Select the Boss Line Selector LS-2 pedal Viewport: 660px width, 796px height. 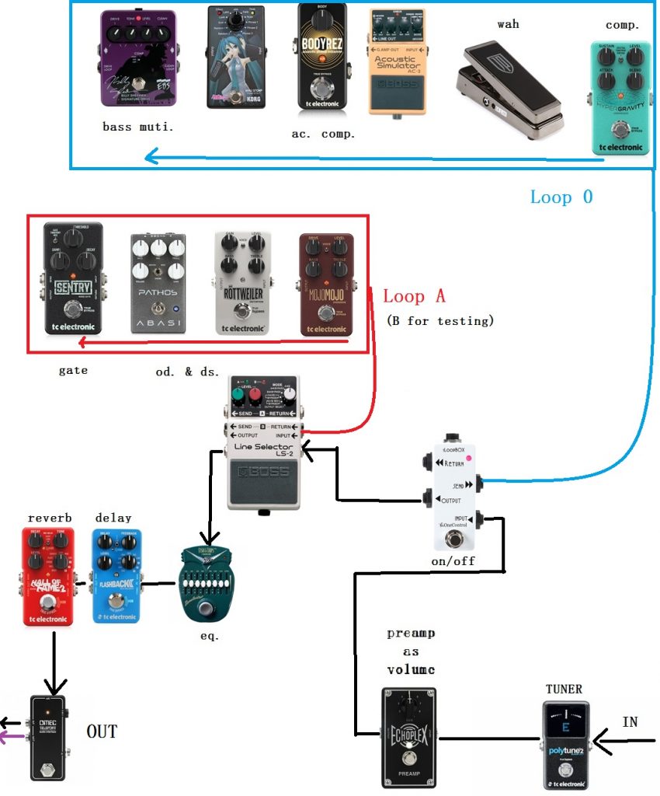(263, 443)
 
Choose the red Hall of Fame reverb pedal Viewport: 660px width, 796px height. (49, 576)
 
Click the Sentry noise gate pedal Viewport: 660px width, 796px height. (73, 278)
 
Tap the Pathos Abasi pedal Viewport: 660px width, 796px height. (158, 283)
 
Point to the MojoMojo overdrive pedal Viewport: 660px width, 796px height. (326, 284)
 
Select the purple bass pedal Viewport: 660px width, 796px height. (138, 58)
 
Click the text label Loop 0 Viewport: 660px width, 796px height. (561, 197)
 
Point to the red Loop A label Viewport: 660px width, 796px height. (415, 296)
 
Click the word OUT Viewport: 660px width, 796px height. (102, 731)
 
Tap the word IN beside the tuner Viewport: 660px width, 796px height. (630, 722)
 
